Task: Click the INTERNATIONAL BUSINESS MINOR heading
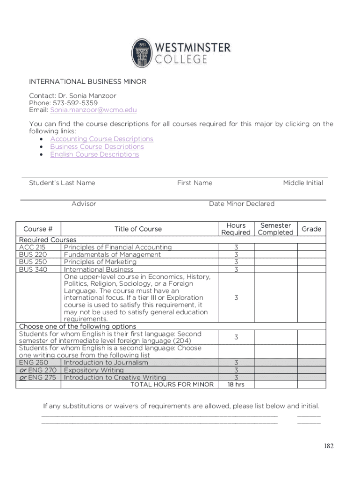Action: coord(87,82)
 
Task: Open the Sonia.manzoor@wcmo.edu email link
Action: coord(94,110)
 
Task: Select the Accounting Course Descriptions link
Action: coord(101,139)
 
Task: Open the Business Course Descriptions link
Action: coord(97,146)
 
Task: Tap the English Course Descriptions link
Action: coord(94,154)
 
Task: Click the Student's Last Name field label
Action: coord(62,183)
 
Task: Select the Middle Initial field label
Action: coord(303,183)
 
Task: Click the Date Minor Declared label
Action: coord(242,203)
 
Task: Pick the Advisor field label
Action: coord(84,203)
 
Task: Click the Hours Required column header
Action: coord(236,229)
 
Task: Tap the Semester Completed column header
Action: coord(275,229)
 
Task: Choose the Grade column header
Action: coord(311,229)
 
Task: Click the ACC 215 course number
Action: coord(32,247)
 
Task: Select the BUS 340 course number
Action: coord(33,269)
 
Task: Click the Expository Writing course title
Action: coord(94,370)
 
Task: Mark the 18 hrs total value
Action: coord(236,385)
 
